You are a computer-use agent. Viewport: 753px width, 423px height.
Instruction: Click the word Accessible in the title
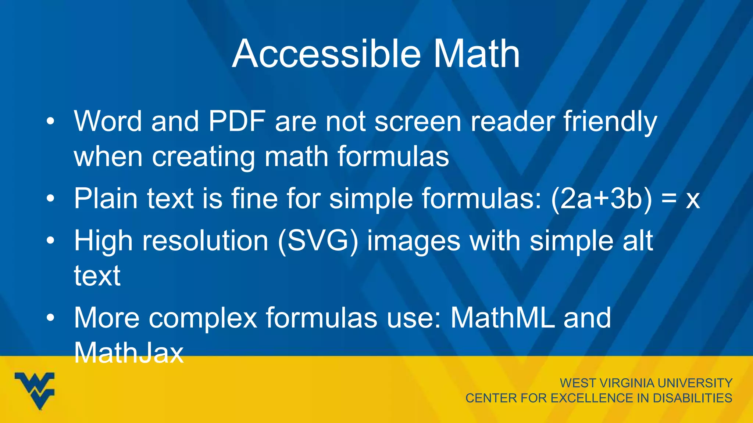[326, 54]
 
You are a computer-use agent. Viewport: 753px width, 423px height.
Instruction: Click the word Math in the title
[477, 54]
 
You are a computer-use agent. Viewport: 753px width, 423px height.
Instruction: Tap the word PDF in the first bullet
[237, 121]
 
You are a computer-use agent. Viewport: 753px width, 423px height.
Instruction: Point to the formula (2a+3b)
[602, 199]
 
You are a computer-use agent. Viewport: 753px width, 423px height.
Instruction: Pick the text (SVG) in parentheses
[318, 242]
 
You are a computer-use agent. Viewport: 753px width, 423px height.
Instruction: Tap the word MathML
[503, 318]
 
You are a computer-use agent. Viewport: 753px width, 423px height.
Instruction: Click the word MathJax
[129, 352]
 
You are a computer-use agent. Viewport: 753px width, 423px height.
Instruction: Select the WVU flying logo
[35, 390]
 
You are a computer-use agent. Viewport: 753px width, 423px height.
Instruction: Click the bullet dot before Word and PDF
[51, 121]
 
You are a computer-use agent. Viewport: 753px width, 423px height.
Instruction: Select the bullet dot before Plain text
[51, 199]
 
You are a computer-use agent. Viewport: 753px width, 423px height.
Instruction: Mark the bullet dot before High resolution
[51, 241]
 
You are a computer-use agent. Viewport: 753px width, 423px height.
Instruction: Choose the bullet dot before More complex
[51, 318]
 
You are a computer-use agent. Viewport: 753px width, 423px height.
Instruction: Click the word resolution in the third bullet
[205, 242]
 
